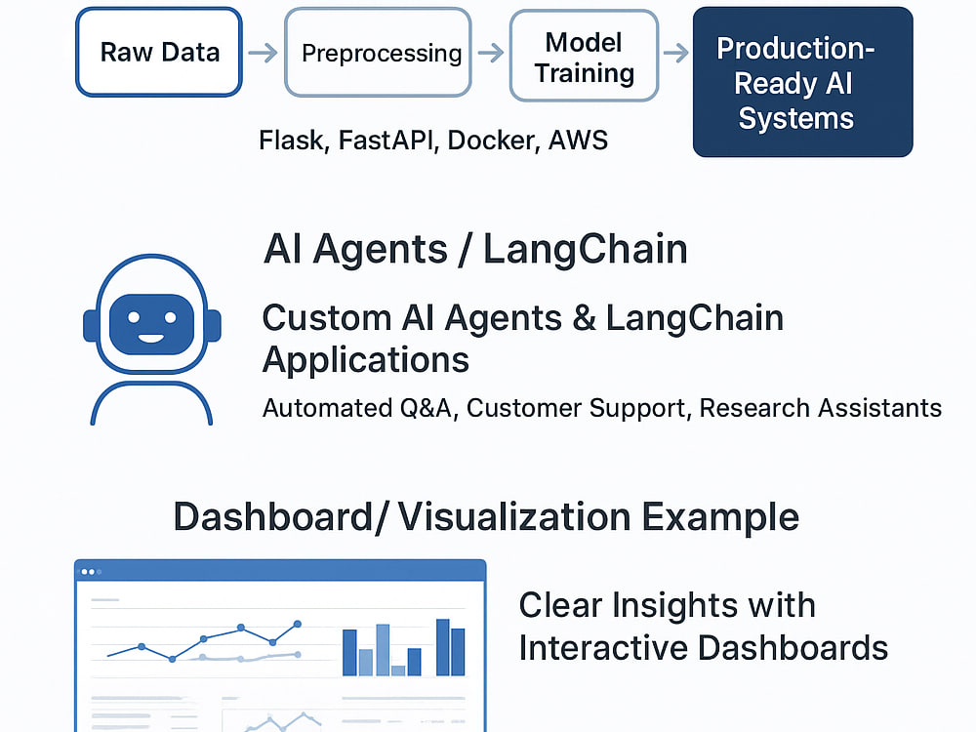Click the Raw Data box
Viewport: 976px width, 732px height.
click(159, 53)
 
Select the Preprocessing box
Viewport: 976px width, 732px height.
click(378, 53)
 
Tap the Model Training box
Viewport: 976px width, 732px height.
click(584, 56)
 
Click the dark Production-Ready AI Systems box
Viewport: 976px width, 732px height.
click(803, 82)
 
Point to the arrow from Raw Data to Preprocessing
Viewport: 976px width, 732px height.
click(263, 53)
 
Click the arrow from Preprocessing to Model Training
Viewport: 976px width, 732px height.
click(491, 53)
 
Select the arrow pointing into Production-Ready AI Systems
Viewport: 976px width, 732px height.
click(676, 53)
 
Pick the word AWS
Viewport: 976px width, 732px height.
click(578, 141)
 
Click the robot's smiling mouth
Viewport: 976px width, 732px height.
click(151, 338)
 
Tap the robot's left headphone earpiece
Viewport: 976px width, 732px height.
click(90, 326)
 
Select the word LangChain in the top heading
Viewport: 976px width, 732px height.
click(585, 250)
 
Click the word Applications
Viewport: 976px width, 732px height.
click(366, 361)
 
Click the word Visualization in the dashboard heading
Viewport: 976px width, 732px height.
click(514, 516)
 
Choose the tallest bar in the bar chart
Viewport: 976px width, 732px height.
click(442, 647)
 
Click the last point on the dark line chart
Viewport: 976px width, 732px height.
click(298, 624)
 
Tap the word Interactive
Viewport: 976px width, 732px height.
click(603, 648)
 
